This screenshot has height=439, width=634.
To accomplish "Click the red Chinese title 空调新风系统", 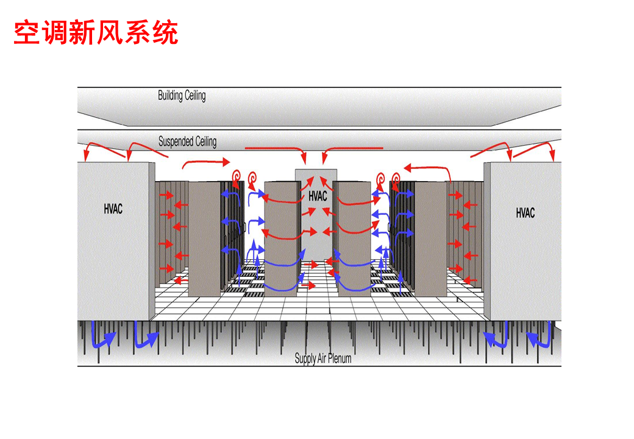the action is coord(96,32).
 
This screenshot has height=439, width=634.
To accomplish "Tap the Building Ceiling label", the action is coord(182,95).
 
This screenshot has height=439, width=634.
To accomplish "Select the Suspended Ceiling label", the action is coord(187,141).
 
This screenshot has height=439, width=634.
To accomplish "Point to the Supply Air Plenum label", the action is coord(322,358).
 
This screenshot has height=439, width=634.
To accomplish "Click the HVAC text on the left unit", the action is coord(113,209).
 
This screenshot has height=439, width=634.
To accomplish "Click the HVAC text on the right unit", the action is coord(525,213).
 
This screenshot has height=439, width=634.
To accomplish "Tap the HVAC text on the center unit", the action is coord(318,196).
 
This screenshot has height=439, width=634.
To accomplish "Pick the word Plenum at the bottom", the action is coord(340,358).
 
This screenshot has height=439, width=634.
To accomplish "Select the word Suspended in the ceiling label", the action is coord(176,141).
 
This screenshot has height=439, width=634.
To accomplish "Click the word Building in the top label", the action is coord(170,95).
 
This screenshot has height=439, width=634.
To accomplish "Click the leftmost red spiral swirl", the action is coord(237,176).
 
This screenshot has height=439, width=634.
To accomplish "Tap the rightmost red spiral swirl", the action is coord(396,178).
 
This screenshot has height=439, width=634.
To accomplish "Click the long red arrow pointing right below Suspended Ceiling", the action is coord(205,162).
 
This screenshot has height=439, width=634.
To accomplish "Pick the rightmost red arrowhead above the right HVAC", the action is coord(553,155).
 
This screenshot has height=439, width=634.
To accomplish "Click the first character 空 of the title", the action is coord(27,32).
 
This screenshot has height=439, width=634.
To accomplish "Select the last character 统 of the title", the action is coord(165,32).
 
